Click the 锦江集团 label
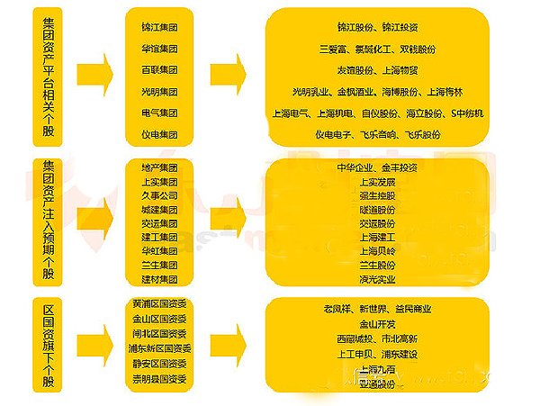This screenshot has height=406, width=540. [159, 28]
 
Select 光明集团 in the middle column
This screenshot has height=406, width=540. [159, 92]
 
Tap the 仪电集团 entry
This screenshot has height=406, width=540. [159, 135]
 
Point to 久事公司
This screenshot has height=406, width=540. [159, 195]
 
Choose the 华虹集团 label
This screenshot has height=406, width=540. [159, 251]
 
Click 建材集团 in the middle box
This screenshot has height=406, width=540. [159, 279]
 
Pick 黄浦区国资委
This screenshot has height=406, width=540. [159, 305]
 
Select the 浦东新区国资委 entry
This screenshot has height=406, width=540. [159, 347]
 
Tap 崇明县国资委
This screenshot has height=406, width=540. [159, 378]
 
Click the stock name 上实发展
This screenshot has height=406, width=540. [377, 181]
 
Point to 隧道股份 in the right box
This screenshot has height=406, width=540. [377, 209]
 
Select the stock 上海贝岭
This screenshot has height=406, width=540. [377, 251]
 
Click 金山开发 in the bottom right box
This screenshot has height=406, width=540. [377, 324]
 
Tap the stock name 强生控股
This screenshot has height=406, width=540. [377, 195]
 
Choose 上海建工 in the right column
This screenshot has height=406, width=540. [377, 237]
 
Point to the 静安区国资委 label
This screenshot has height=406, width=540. [159, 364]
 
